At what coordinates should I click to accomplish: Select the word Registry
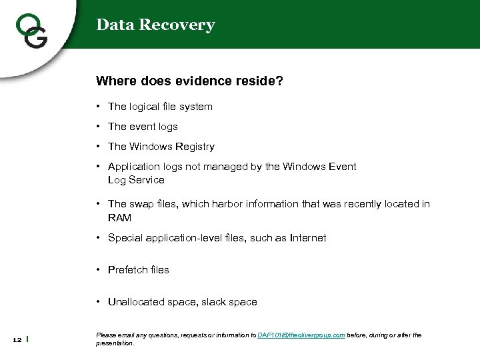pos(194,147)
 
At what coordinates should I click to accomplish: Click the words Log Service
pos(136,180)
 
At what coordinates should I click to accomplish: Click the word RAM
pos(119,218)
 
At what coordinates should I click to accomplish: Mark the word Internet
pos(308,238)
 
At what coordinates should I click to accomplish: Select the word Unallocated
pos(137,302)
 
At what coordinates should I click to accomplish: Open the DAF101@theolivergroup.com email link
pos(301,335)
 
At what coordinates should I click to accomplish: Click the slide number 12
pos(17,340)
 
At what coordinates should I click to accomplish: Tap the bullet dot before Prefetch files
pos(98,270)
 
